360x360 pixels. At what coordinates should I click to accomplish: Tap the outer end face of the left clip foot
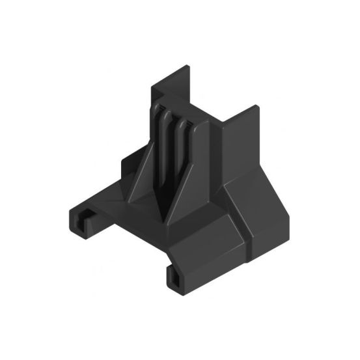point(74,219)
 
